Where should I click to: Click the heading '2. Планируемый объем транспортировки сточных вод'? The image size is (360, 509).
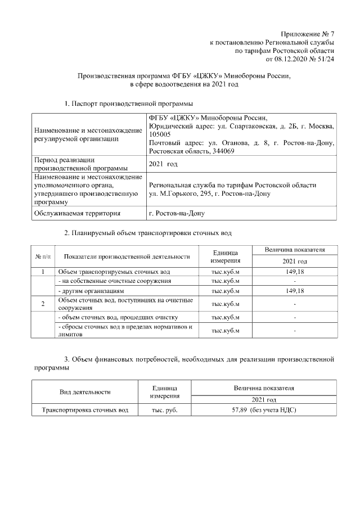[147, 232]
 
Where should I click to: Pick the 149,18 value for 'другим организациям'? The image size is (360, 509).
[295, 291]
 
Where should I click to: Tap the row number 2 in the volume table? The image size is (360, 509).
[44, 304]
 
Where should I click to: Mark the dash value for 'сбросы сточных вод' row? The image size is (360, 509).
[295, 331]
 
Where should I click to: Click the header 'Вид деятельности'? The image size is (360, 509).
[85, 391]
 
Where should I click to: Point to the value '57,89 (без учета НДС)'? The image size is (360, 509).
[264, 411]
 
